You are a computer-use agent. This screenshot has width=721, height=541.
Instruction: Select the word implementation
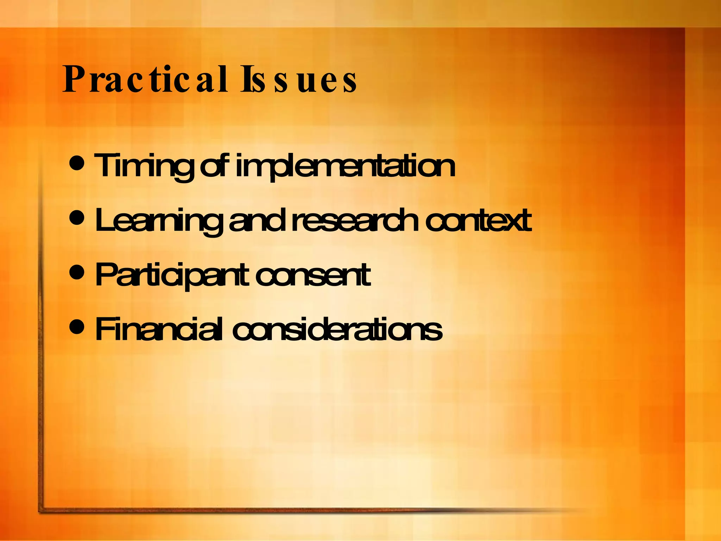pyautogui.click(x=345, y=166)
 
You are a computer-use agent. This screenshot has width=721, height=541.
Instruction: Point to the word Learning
pyautogui.click(x=158, y=221)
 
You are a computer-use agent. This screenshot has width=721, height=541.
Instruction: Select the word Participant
pyautogui.click(x=173, y=276)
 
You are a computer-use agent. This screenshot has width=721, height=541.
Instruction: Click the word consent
pyautogui.click(x=313, y=275)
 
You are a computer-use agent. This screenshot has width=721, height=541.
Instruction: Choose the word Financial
pyautogui.click(x=158, y=329)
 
